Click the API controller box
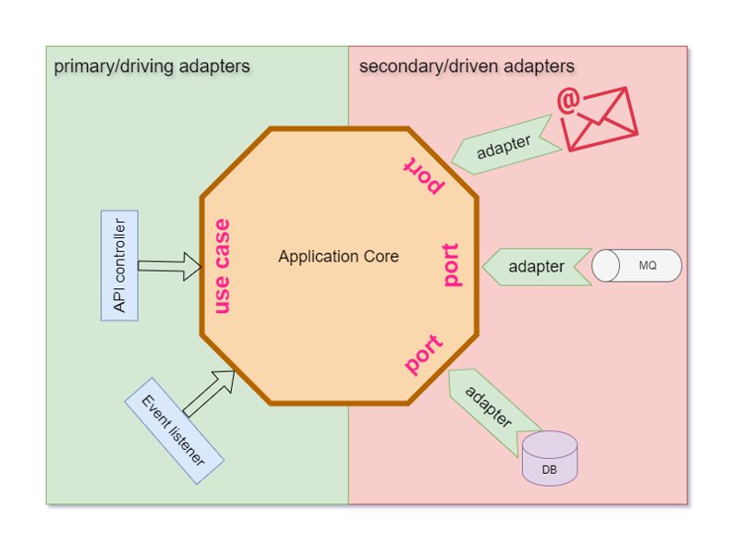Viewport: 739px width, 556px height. [119, 265]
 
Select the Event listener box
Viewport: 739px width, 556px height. [175, 430]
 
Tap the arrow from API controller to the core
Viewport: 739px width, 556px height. [170, 266]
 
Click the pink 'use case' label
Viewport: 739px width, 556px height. [222, 266]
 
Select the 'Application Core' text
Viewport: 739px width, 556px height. [338, 257]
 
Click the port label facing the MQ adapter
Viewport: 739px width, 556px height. [451, 265]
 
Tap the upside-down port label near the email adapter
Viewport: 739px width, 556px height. [423, 175]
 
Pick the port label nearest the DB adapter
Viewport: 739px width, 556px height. [424, 355]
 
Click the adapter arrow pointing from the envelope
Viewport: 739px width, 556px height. [505, 146]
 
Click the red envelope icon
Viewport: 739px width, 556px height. [601, 119]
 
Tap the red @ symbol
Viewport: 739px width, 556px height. [567, 101]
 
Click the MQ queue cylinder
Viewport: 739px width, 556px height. [636, 266]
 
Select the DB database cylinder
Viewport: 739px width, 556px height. [550, 458]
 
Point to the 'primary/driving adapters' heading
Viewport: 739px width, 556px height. [151, 66]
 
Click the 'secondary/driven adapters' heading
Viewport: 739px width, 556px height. [466, 66]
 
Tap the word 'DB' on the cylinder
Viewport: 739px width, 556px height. [550, 470]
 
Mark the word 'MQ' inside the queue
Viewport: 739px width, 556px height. [648, 266]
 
